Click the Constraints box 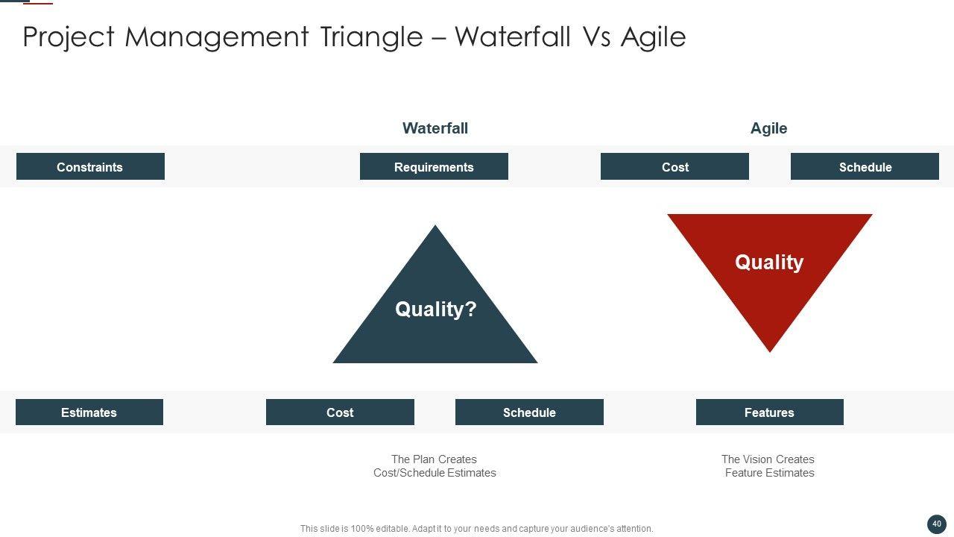pos(90,166)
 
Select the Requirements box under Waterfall pos(434,166)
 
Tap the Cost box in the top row pos(675,166)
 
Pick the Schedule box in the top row pos(865,166)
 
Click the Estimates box pos(89,412)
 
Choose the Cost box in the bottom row pos(340,412)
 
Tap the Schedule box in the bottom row pos(529,412)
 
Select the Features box pos(770,412)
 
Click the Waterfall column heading pos(435,128)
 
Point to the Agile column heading pos(768,128)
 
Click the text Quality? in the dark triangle pos(436,309)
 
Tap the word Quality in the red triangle pos(769,262)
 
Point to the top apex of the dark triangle pos(435,225)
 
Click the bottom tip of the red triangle pos(770,352)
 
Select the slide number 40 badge pos(937,524)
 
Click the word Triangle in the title pos(371,37)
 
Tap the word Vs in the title pos(596,37)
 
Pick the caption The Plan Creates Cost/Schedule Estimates pos(435,466)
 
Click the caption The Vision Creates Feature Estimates pos(768,466)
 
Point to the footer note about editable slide pos(476,529)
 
